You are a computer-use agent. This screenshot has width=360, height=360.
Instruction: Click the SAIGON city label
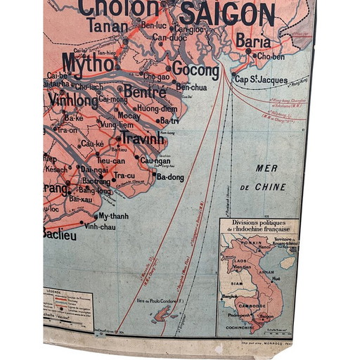click(227, 14)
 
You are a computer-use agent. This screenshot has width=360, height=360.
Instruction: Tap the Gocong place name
click(195, 70)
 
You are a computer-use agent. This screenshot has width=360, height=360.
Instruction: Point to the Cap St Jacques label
click(260, 79)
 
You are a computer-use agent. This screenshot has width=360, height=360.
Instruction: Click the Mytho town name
click(88, 63)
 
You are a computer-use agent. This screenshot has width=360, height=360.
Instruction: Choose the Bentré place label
click(145, 91)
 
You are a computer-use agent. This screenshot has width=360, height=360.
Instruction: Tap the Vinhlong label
click(74, 100)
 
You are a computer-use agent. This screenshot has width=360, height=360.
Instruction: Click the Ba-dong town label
click(170, 177)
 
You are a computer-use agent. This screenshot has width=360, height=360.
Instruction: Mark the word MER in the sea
click(266, 169)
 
